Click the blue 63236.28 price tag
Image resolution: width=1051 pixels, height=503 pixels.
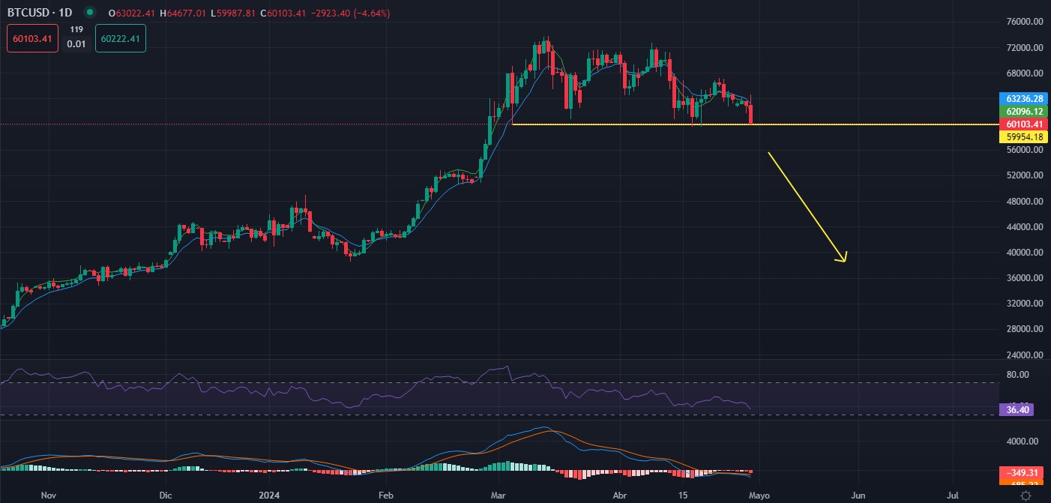point(1025,98)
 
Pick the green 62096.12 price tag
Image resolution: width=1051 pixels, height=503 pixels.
point(1025,111)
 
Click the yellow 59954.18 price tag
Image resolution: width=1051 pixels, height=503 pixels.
point(1025,136)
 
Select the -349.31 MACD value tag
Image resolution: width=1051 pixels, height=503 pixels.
point(1024,473)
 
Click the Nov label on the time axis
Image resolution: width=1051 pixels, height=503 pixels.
point(49,496)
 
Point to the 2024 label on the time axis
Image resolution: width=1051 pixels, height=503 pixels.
point(268,496)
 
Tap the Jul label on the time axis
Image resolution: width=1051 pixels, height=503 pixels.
point(953,496)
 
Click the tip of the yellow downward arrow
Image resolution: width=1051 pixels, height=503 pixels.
point(845,262)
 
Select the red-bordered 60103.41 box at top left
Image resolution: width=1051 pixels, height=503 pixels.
point(33,38)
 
